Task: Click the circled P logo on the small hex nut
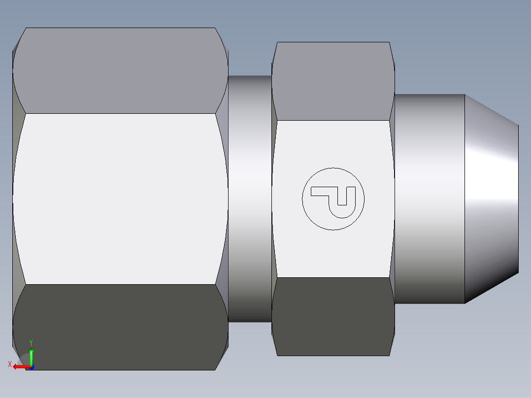pos(333,199)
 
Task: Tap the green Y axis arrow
pos(31,356)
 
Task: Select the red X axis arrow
pos(21,366)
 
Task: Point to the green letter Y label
pos(31,342)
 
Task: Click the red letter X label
pos(9,365)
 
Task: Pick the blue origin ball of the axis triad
pos(32,367)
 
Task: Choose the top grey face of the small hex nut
pos(333,81)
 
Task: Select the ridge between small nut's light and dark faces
pos(333,277)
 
